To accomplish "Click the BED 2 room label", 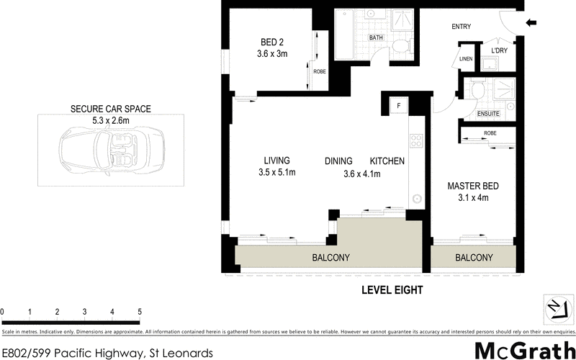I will [x=273, y=42].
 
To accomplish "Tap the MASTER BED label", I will [x=473, y=186].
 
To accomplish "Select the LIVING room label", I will [x=276, y=161].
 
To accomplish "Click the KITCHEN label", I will [x=387, y=161].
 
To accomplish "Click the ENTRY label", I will [x=461, y=27].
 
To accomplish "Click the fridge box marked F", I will [x=397, y=107].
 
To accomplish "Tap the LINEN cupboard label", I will [x=465, y=60].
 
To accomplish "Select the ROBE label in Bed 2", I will [x=319, y=71].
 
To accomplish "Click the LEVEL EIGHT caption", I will [x=391, y=290].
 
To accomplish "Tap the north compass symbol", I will [x=554, y=308].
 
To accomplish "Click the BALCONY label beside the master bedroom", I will [x=474, y=258].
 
